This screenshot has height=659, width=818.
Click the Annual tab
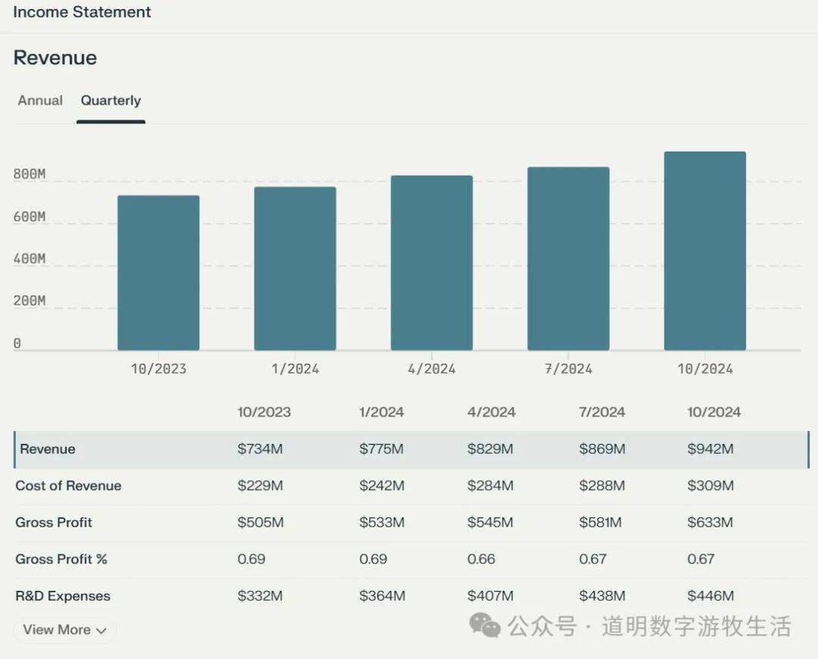coord(40,101)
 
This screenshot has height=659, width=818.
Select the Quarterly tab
coord(111,101)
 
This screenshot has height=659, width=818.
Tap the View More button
coord(64,629)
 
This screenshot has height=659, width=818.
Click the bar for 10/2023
coord(158,273)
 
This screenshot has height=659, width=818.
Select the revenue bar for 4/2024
coord(432,263)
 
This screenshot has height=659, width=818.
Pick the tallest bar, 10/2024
coord(704,251)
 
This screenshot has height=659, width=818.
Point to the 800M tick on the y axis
coord(30,175)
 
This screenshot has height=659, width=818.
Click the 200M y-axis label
coord(30,301)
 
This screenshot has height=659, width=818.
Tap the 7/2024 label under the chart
coord(568,369)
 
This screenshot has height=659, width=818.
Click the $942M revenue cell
coord(710,449)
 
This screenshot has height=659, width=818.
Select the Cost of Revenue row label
coord(68,486)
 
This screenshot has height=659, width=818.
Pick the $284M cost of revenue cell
coord(490,486)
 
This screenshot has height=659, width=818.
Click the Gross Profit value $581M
coord(601,523)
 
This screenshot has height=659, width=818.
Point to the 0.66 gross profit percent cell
coord(481,559)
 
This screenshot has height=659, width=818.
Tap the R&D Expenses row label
coord(63,596)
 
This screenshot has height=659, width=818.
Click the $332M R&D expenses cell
coord(260,596)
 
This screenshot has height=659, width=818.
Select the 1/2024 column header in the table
coord(381,413)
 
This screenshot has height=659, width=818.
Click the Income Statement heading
coord(82,12)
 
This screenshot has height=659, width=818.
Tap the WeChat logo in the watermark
coord(485,626)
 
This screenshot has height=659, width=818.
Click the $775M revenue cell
coord(381,449)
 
